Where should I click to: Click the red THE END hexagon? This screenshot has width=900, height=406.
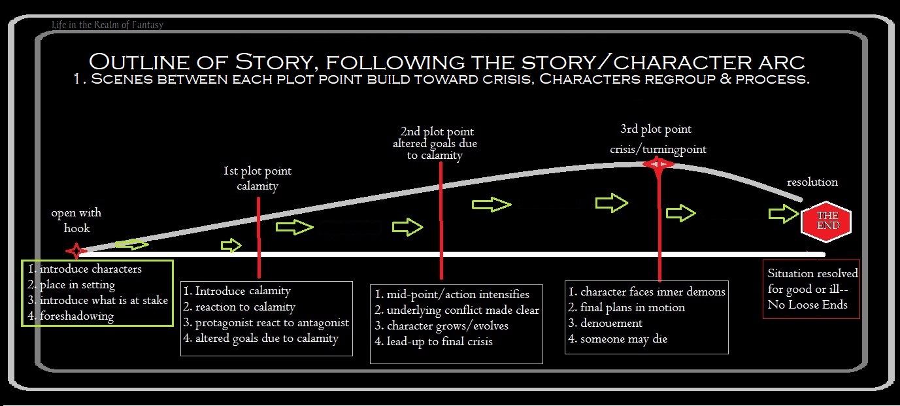(x=825, y=221)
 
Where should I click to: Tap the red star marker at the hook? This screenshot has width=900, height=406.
(x=76, y=250)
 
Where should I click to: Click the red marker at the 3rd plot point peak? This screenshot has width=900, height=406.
(x=658, y=164)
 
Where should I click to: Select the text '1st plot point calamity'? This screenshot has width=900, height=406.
(x=258, y=178)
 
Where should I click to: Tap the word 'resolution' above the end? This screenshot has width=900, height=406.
(x=812, y=182)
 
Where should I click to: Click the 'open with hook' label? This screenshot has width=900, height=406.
(x=76, y=220)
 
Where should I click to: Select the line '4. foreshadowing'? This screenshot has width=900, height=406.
(x=71, y=316)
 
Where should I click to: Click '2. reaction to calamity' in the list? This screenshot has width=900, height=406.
(x=239, y=307)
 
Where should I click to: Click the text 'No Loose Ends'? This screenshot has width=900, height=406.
(x=807, y=305)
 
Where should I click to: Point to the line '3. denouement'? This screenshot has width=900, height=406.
(x=605, y=323)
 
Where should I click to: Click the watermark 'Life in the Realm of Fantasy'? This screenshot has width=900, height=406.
(x=107, y=25)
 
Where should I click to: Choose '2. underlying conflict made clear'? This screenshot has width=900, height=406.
(x=457, y=310)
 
